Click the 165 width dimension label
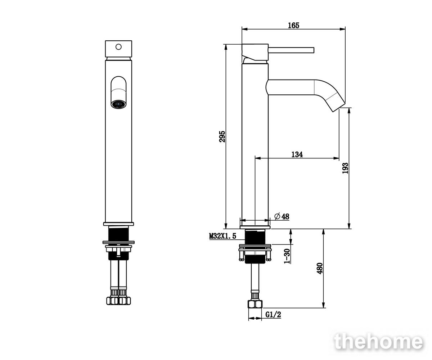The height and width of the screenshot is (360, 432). (x=294, y=26)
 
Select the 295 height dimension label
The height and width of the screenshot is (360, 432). (x=222, y=136)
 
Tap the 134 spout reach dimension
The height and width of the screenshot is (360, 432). (x=297, y=154)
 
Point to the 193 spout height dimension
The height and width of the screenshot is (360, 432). (x=345, y=168)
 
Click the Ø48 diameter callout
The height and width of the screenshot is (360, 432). (x=282, y=216)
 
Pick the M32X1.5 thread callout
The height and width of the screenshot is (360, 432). (x=222, y=236)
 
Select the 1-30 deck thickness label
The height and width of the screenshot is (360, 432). (x=287, y=256)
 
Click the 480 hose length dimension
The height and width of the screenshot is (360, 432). (x=320, y=268)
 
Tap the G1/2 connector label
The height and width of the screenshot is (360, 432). (x=273, y=315)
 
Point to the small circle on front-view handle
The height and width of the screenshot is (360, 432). (x=118, y=47)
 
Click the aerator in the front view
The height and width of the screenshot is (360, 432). (x=118, y=104)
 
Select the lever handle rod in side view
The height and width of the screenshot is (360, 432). (x=291, y=50)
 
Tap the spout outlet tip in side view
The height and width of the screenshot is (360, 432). (x=339, y=107)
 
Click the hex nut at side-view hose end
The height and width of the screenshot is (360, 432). (x=255, y=304)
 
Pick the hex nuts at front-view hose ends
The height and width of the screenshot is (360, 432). (x=118, y=301)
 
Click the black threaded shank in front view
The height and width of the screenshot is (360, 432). (x=118, y=233)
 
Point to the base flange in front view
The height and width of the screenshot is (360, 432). (x=118, y=224)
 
